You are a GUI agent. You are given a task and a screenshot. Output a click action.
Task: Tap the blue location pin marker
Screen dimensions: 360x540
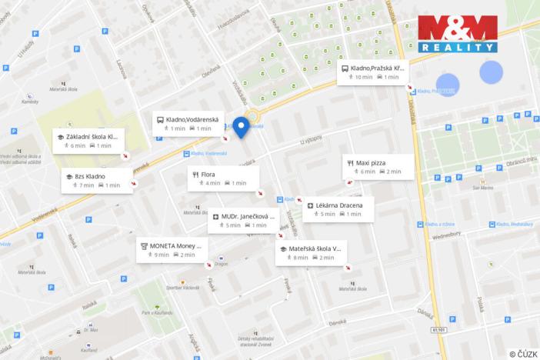point(242,128)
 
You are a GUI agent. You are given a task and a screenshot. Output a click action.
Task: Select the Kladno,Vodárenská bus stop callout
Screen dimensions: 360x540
point(188,124)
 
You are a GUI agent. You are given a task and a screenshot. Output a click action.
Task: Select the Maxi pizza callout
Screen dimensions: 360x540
point(378,167)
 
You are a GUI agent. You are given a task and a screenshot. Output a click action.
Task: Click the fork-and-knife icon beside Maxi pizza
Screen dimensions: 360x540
point(351,163)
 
